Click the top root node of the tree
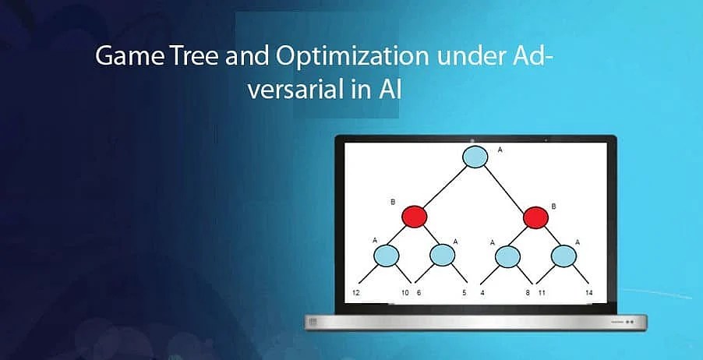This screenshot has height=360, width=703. click(x=475, y=157)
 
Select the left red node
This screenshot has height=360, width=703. click(x=415, y=216)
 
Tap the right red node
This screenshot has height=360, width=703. click(x=535, y=217)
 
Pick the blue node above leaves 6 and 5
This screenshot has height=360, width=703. click(x=442, y=255)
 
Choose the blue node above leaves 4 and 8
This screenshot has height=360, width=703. click(x=507, y=255)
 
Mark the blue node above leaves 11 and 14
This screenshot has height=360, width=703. click(x=563, y=255)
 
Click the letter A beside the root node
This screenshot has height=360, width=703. click(x=500, y=147)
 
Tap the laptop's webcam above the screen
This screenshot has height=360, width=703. click(x=475, y=139)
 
